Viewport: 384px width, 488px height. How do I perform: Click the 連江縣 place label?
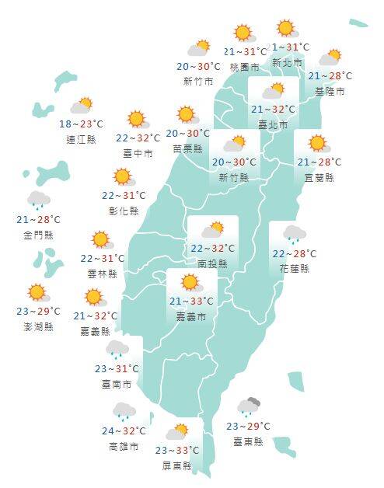[x=82, y=139]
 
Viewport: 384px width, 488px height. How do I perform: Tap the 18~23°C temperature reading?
[x=82, y=124]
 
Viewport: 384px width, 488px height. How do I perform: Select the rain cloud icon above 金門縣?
[x=38, y=200]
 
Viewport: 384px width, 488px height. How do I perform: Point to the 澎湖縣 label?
[x=38, y=327]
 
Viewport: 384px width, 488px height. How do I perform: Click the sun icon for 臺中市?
[x=138, y=119]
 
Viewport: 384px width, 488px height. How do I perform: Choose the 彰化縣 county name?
[x=124, y=211]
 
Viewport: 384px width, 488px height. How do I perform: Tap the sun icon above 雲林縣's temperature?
[x=99, y=239]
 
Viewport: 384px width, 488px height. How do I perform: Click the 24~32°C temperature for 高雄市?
[x=124, y=431]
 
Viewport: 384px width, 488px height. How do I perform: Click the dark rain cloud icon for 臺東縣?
[x=250, y=406]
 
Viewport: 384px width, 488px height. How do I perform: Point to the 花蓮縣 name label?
[x=295, y=269]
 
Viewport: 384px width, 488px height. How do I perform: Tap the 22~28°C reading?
[x=295, y=253]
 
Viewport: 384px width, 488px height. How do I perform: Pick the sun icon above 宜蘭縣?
[x=316, y=143]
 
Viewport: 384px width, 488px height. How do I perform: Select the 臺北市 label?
[x=272, y=125]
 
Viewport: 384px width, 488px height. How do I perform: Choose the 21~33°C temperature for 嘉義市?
[x=189, y=302]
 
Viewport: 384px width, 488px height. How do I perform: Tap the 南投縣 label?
[x=212, y=264]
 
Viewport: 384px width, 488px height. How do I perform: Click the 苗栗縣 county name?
[x=187, y=149]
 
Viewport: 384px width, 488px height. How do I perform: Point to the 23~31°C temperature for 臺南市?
[x=117, y=368]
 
